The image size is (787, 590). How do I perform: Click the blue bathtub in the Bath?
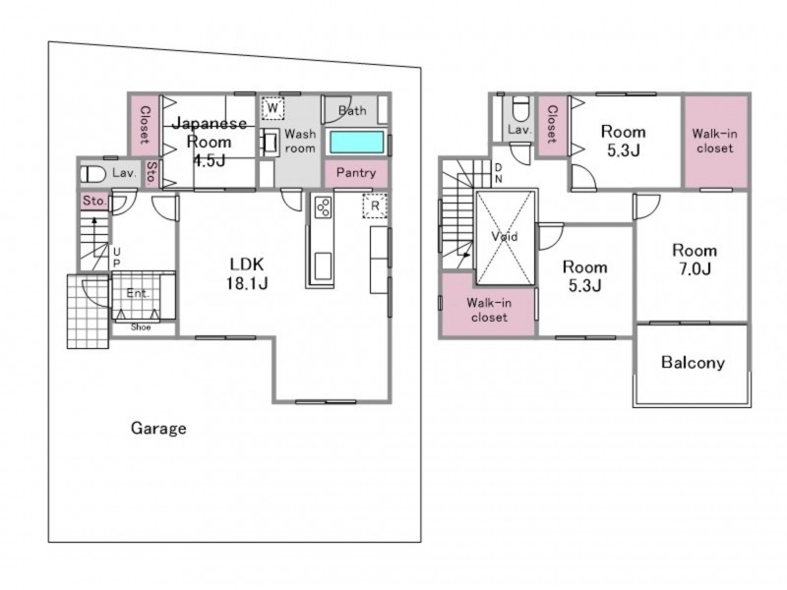[356, 143]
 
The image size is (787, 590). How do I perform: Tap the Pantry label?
[356, 173]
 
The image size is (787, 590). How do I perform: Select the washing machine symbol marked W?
[273, 108]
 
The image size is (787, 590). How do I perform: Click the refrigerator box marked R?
[375, 206]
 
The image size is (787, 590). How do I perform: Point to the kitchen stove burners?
[323, 206]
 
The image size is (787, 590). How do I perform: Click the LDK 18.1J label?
[247, 273]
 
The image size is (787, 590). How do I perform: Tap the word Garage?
[158, 428]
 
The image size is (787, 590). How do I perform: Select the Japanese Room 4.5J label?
[210, 142]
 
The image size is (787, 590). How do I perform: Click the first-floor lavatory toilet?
[93, 175]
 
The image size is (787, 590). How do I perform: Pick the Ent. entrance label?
[138, 293]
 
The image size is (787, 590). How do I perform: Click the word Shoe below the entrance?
[141, 327]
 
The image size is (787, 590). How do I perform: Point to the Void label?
[505, 236]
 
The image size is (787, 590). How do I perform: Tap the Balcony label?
[693, 362]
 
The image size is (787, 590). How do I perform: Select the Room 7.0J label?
[695, 260]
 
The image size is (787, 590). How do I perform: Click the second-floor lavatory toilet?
[520, 109]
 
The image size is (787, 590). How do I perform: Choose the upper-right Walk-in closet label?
[715, 141]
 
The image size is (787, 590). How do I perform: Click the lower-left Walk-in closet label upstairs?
[489, 310]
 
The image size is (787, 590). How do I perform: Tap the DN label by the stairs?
[498, 173]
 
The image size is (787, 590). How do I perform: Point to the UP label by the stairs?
[116, 257]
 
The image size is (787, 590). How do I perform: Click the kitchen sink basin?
[323, 265]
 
